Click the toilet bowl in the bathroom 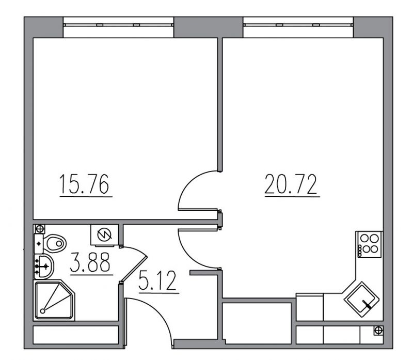(55, 243)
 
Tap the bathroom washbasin (44, 267)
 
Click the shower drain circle (43, 311)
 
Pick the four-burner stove (369, 244)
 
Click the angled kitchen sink (362, 300)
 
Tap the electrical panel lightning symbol (105, 234)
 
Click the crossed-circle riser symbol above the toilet (40, 228)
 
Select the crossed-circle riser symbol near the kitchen (378, 330)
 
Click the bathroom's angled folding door (134, 264)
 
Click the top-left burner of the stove (364, 239)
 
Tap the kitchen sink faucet (367, 304)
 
